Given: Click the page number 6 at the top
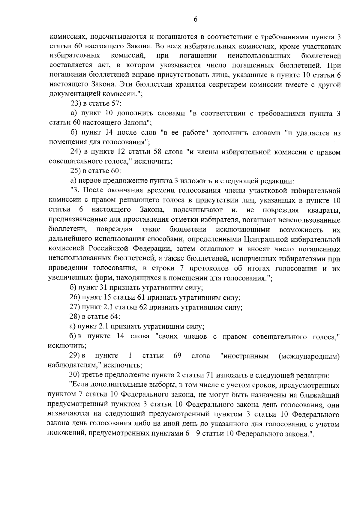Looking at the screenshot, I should coord(195,19).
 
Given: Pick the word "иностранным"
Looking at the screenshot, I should coord(245,356).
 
